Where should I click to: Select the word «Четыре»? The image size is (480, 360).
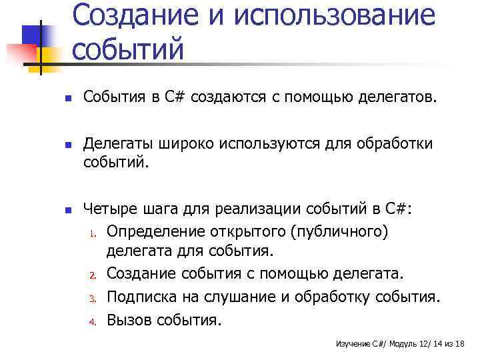110,210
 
